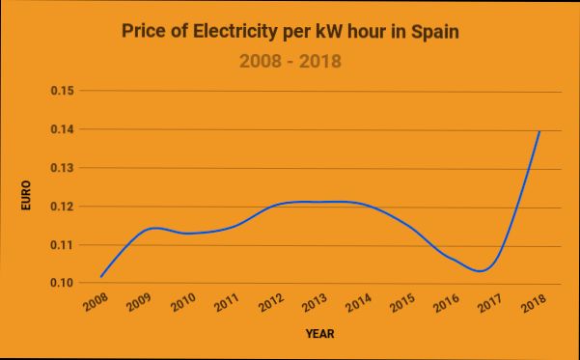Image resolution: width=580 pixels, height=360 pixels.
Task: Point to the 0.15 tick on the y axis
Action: coord(64,91)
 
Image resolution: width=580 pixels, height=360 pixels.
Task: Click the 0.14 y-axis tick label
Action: coord(64,129)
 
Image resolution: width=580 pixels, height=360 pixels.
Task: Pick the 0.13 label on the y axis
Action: coord(64,168)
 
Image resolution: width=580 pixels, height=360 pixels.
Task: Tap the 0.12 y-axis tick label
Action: coord(64,207)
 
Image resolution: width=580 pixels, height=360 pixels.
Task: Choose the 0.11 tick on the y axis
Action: coord(64,245)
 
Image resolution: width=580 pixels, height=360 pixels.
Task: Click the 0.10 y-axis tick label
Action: coord(64,283)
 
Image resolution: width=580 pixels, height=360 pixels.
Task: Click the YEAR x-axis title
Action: coord(319,334)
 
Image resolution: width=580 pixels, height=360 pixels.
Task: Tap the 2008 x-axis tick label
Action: coord(96,304)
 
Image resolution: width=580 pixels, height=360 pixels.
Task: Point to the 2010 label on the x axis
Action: coord(183,304)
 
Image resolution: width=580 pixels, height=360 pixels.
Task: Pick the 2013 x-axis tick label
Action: coord(316,304)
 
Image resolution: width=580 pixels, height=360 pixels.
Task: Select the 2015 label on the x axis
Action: coord(403,304)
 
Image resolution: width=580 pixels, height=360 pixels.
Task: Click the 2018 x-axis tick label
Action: coord(533,304)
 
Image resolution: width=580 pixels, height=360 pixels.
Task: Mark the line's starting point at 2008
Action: coord(100,277)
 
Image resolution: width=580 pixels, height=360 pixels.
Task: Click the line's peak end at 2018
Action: coord(539,130)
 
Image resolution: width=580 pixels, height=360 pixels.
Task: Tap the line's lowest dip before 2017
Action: coord(480,271)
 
